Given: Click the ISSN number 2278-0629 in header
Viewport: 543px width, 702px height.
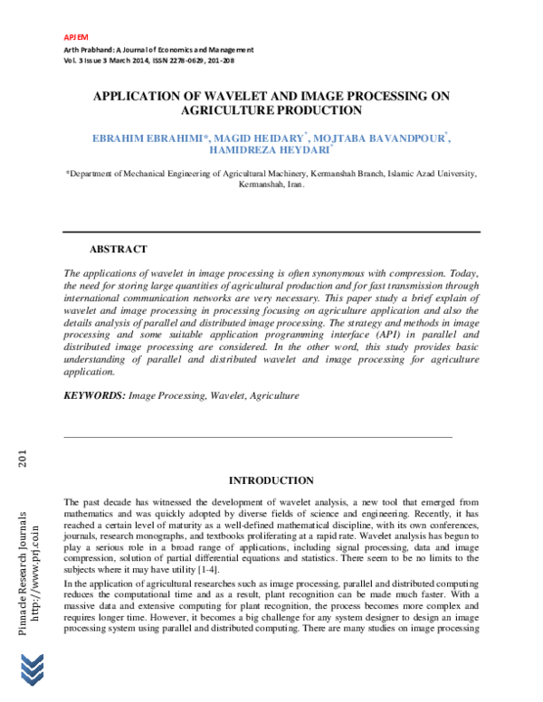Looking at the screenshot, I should [x=186, y=60].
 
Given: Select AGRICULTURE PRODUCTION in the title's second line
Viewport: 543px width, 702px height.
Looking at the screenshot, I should [x=271, y=110].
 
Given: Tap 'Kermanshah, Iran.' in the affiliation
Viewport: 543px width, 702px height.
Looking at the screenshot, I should [x=271, y=184].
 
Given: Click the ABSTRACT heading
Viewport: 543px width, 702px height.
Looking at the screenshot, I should [x=118, y=249].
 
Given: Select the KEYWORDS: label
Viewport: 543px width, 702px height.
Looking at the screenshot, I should [x=93, y=395].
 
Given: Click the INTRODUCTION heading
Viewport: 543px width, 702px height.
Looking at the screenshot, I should [x=271, y=480].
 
